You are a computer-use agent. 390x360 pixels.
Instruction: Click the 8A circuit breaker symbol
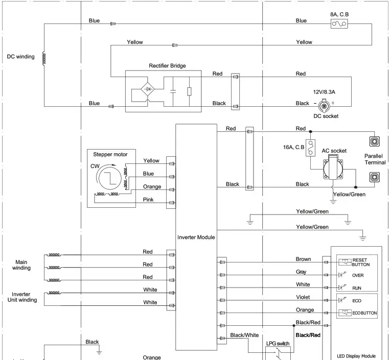pos(339,23)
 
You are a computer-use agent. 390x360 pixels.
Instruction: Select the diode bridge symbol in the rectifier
pos(148,89)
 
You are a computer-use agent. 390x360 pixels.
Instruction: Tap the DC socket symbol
pos(324,106)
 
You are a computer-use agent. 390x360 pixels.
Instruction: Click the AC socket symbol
pos(335,172)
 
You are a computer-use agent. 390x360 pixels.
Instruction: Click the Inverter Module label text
pos(196,237)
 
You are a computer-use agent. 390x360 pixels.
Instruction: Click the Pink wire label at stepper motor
pos(148,200)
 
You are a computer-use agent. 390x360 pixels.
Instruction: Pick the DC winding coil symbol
pos(44,59)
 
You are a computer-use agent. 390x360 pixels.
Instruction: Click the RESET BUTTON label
pos(360,262)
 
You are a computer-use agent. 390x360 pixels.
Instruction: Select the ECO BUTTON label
pos(363,313)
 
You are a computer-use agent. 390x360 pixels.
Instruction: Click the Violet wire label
pos(304,297)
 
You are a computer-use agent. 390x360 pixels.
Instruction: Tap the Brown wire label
pos(303,259)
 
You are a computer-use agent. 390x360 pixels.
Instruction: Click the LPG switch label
pos(279,344)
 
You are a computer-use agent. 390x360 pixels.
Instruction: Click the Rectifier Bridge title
pos(167,66)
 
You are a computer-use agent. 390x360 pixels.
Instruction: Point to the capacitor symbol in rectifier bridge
pos(173,91)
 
